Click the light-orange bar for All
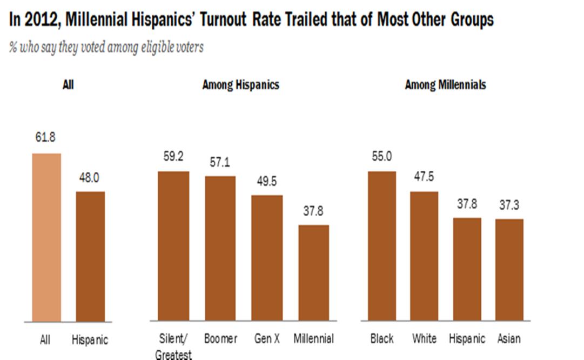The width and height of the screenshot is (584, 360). click(46, 237)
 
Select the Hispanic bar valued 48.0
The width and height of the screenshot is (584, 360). click(90, 256)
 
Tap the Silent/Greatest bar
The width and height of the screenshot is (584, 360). click(173, 246)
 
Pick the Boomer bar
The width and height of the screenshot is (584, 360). click(220, 248)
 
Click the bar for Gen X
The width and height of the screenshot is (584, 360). click(267, 258)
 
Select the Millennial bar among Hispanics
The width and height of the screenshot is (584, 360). click(313, 272)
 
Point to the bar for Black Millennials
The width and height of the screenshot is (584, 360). click(381, 246)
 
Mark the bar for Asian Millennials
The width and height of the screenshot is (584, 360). click(509, 270)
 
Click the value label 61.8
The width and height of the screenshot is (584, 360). click(46, 138)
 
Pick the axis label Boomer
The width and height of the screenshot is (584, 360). click(220, 339)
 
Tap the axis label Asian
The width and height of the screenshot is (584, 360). click(509, 339)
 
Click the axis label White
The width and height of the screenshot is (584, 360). click(424, 339)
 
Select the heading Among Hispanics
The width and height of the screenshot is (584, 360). click(240, 85)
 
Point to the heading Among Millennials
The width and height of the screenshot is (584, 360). click(445, 85)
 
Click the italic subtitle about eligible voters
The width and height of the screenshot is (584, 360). click(106, 48)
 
